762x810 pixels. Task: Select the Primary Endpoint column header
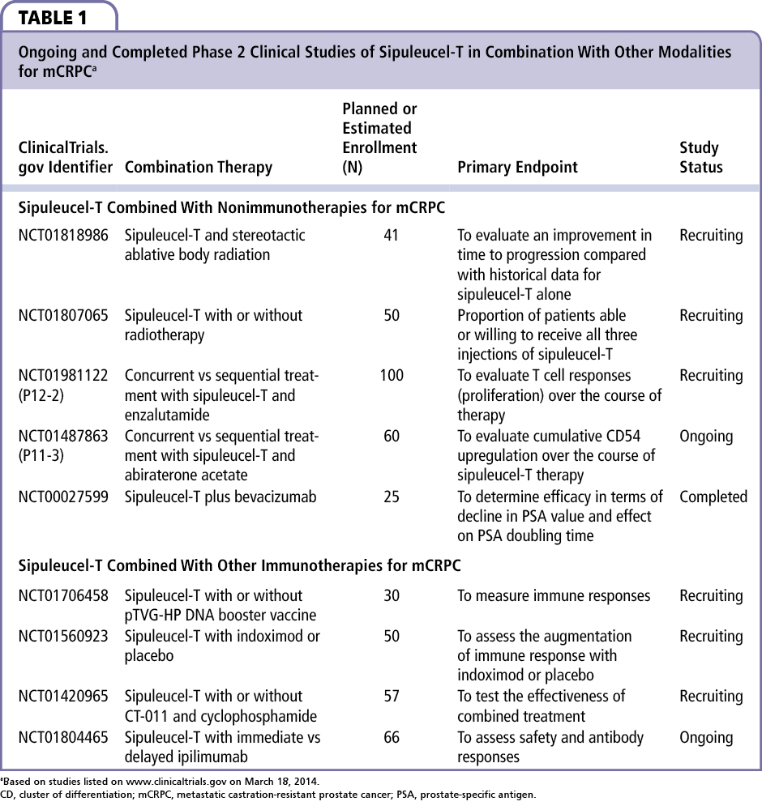(x=517, y=168)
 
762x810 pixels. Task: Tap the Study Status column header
(x=700, y=158)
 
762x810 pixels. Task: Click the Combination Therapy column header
(x=198, y=168)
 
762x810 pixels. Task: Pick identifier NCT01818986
(x=63, y=236)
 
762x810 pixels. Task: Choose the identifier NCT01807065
(x=63, y=316)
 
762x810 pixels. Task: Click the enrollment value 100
(x=391, y=376)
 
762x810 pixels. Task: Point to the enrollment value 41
(x=391, y=236)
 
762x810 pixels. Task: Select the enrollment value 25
(x=391, y=497)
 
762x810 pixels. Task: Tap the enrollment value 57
(x=391, y=697)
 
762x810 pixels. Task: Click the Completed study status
(x=713, y=497)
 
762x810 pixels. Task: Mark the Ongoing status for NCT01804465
(x=705, y=738)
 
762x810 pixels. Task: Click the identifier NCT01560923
(x=63, y=637)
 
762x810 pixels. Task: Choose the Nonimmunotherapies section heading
(x=232, y=207)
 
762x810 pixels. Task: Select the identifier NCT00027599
(x=63, y=497)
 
